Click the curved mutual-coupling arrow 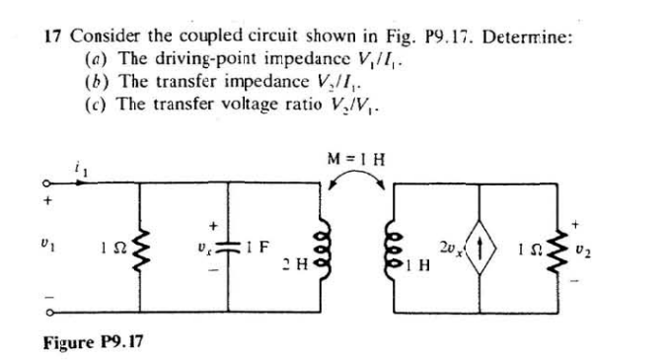coord(357,176)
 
